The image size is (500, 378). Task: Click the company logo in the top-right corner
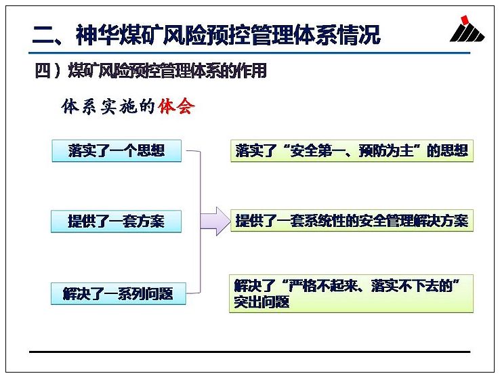point(467,28)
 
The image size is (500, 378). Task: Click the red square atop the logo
point(465,19)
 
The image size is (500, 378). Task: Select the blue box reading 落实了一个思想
point(117,150)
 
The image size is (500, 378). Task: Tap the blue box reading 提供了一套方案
point(116,222)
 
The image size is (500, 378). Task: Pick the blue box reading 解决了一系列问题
point(119,293)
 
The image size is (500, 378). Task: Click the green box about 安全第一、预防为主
point(352,150)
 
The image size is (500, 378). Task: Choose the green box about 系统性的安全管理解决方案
point(352,221)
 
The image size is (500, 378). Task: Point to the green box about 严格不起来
point(351,293)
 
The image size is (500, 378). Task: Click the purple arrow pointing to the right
point(215,222)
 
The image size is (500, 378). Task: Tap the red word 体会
point(176,106)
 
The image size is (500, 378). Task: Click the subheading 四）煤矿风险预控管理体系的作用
point(150,70)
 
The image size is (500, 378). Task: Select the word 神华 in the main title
point(98,35)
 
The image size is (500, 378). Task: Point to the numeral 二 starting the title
point(43,35)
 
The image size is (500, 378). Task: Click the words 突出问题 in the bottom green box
point(262,302)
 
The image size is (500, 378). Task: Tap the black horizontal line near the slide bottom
point(250,352)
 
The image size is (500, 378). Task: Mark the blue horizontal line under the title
point(249,53)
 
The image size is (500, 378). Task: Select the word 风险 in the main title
point(185,35)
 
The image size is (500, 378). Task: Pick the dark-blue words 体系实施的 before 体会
point(108,106)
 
